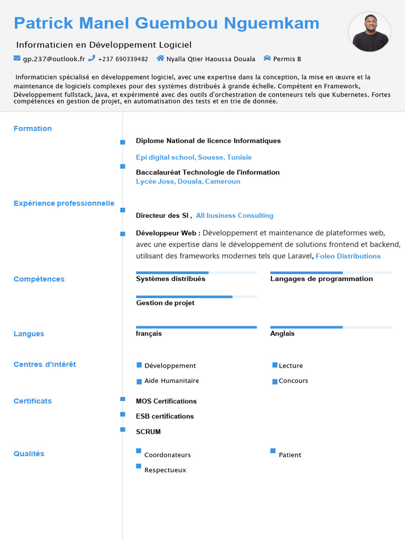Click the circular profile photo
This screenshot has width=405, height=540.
pyautogui.click(x=370, y=32)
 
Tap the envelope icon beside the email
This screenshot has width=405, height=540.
pyautogui.click(x=17, y=59)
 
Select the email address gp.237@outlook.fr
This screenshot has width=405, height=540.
pyautogui.click(x=54, y=59)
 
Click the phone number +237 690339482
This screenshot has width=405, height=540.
pyautogui.click(x=123, y=59)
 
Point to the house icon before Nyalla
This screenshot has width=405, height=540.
pyautogui.click(x=160, y=59)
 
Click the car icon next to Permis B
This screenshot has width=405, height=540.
pyautogui.click(x=267, y=59)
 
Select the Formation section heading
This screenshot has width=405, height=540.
pyautogui.click(x=33, y=129)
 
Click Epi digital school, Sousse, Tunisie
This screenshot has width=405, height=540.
pyautogui.click(x=194, y=157)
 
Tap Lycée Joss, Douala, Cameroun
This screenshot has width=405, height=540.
pyautogui.click(x=188, y=181)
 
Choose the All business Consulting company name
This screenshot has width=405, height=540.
pyautogui.click(x=235, y=216)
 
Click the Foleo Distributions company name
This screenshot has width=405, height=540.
pyautogui.click(x=348, y=256)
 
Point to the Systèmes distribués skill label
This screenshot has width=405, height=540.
pyautogui.click(x=170, y=279)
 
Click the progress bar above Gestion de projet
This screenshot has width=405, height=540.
pyautogui.click(x=196, y=297)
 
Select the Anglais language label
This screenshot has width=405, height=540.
pyautogui.click(x=283, y=334)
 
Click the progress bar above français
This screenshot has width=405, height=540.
pyautogui.click(x=196, y=327)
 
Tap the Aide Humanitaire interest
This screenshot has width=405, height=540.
pyautogui.click(x=171, y=381)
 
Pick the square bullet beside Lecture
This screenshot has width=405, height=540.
pyautogui.click(x=275, y=365)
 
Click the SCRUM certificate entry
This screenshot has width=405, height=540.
pyautogui.click(x=148, y=432)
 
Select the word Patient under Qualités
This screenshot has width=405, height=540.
pyautogui.click(x=290, y=455)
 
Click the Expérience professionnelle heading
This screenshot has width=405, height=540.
pyautogui.click(x=64, y=204)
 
